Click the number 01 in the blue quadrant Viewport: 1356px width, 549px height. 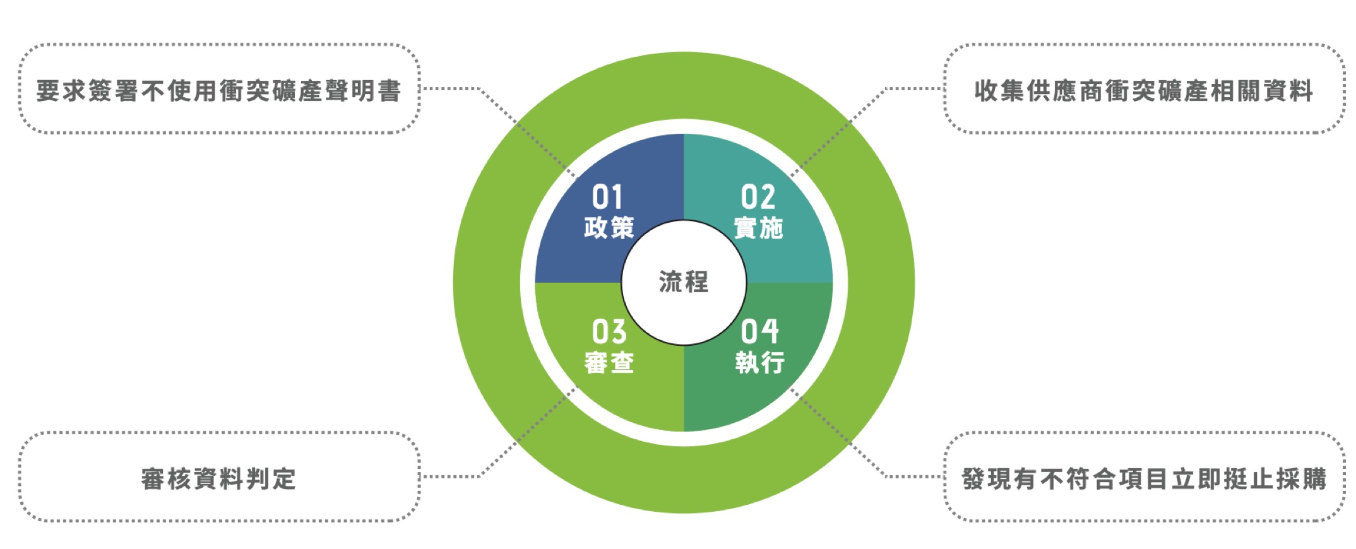click(607, 197)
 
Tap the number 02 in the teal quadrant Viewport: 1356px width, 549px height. click(758, 197)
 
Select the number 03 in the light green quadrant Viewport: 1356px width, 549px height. click(609, 331)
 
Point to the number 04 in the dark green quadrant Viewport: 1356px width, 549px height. click(759, 331)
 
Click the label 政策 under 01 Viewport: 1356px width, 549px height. click(609, 228)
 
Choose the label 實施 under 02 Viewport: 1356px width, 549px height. click(759, 228)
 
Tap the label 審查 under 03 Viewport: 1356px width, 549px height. click(609, 363)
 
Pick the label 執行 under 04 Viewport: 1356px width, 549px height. click(759, 363)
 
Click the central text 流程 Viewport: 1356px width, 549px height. click(684, 282)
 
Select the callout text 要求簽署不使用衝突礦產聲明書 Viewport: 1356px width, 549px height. click(218, 91)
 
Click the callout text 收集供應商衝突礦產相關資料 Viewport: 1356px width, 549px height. click(1144, 91)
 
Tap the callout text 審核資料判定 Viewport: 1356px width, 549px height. click(218, 479)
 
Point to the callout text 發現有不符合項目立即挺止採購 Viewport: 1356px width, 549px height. click(1144, 479)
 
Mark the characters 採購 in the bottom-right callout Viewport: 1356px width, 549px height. click(1301, 479)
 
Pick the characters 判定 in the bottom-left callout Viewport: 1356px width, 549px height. click(271, 479)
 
